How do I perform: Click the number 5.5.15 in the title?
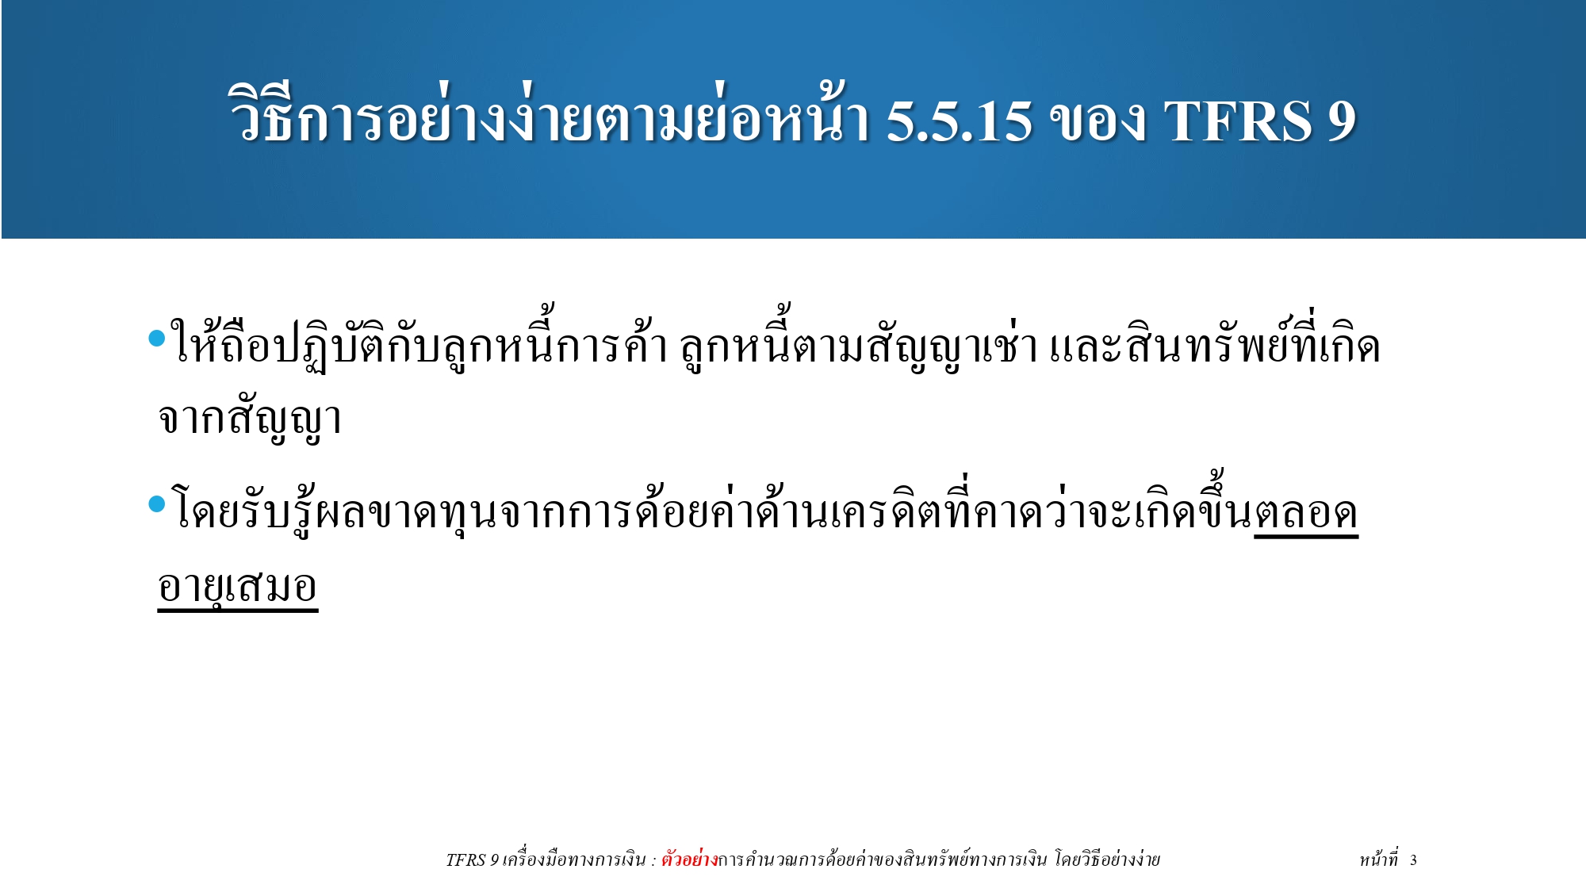(x=959, y=121)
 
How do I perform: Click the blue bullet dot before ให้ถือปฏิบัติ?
(x=157, y=339)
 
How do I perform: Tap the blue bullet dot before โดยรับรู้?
(x=157, y=503)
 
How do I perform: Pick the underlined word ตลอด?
(x=1306, y=514)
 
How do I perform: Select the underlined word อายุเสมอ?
(x=238, y=588)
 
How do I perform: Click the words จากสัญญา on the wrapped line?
(x=250, y=419)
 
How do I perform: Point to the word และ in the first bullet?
(x=1084, y=347)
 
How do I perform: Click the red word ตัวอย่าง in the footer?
(x=689, y=859)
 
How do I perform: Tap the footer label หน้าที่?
(x=1378, y=859)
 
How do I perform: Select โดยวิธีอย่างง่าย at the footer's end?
(x=1107, y=859)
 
